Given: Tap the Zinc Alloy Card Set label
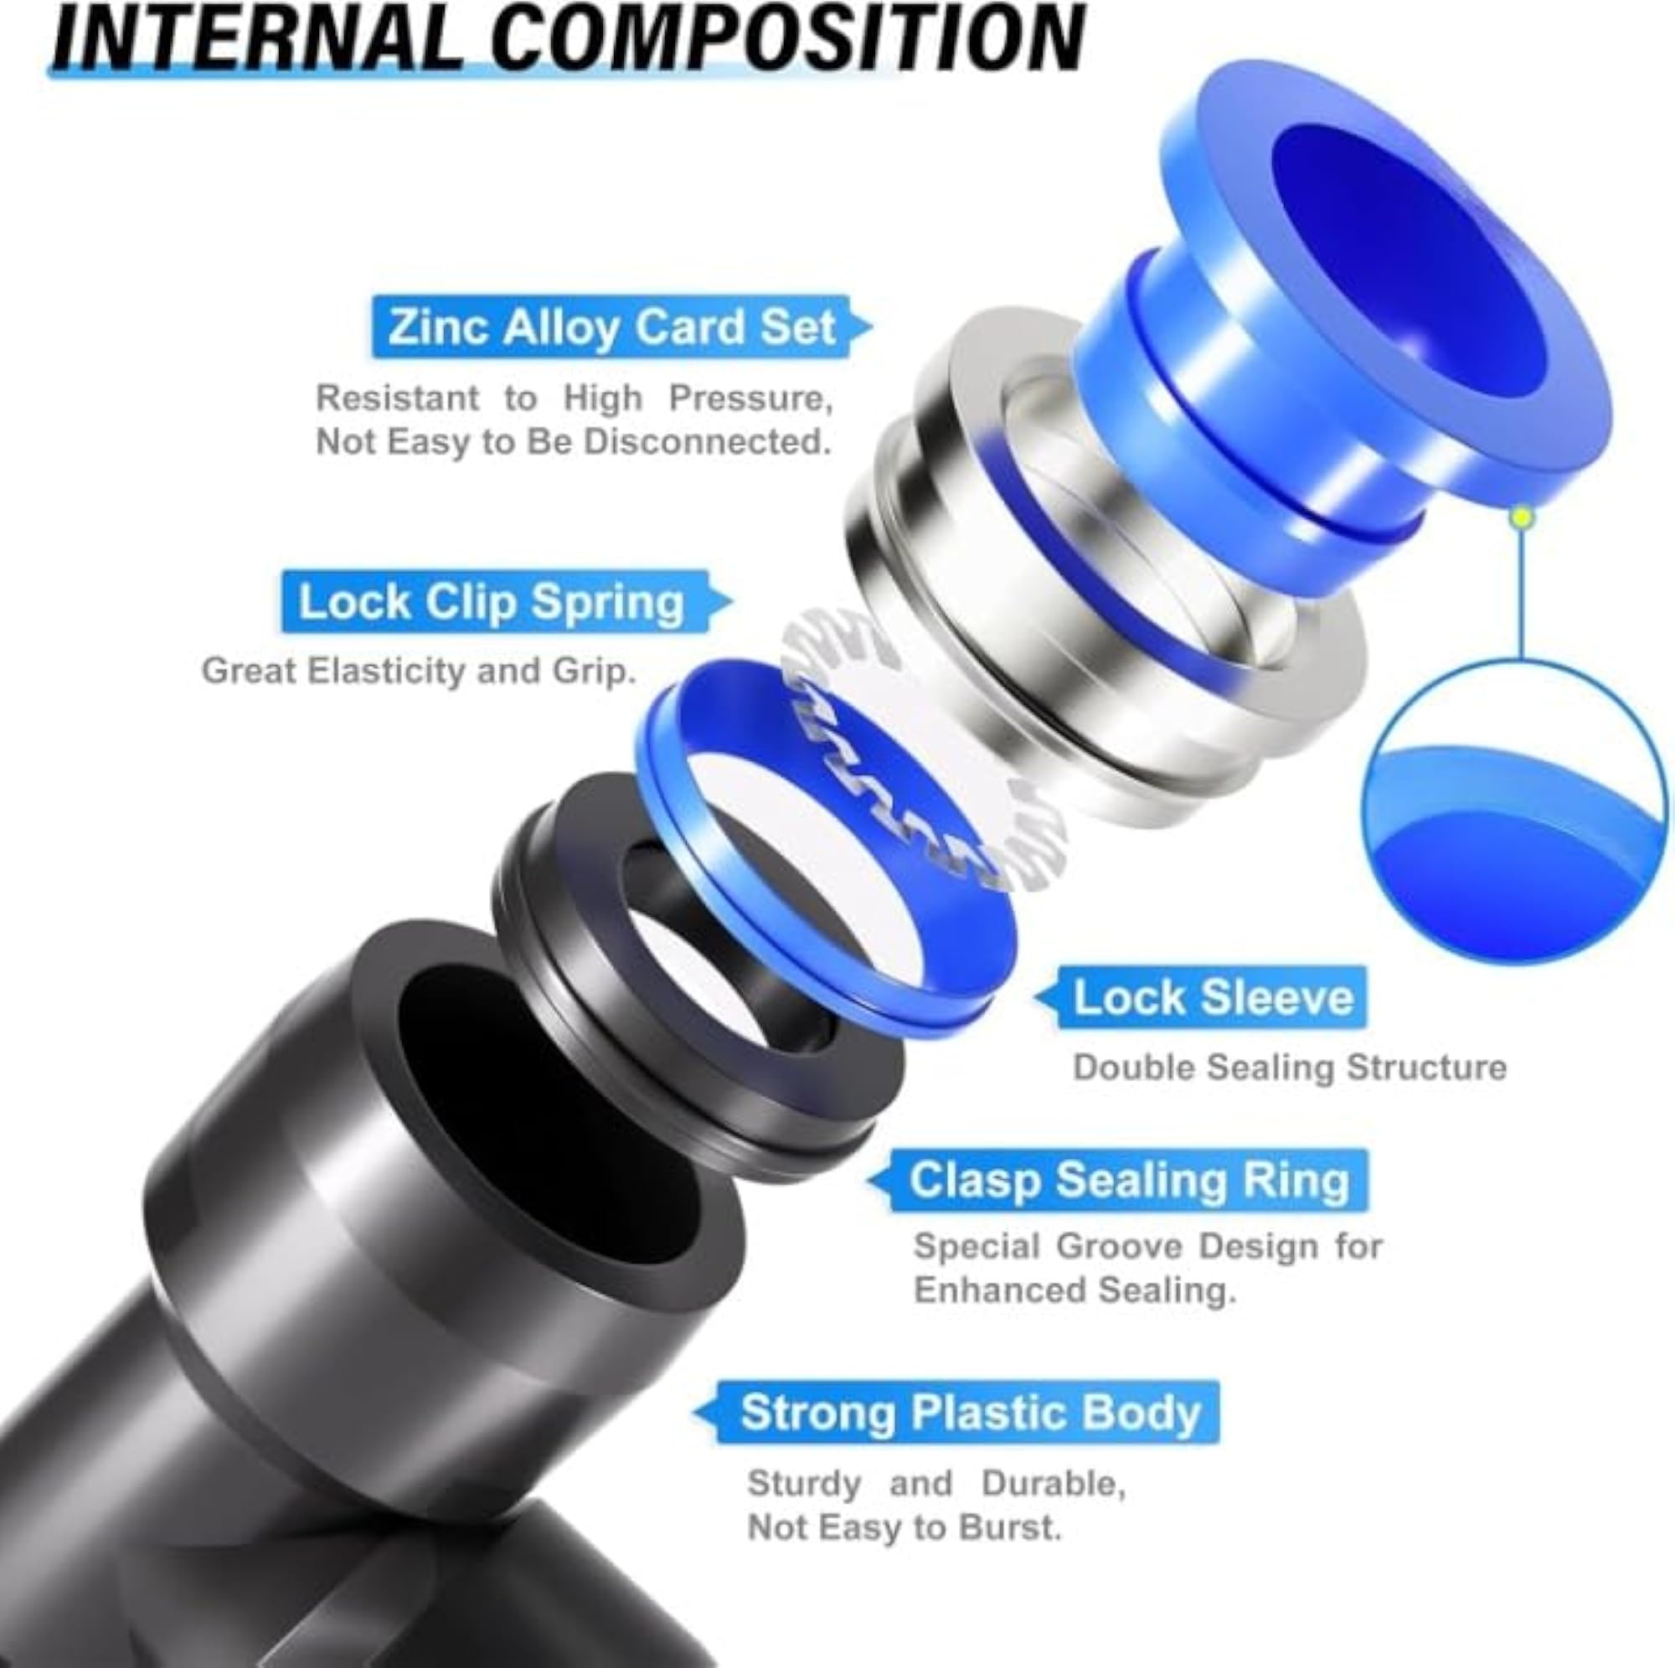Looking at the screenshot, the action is coord(612,327).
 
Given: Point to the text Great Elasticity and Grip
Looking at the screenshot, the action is coord(419,672).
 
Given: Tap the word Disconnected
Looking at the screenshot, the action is coord(708,442).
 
